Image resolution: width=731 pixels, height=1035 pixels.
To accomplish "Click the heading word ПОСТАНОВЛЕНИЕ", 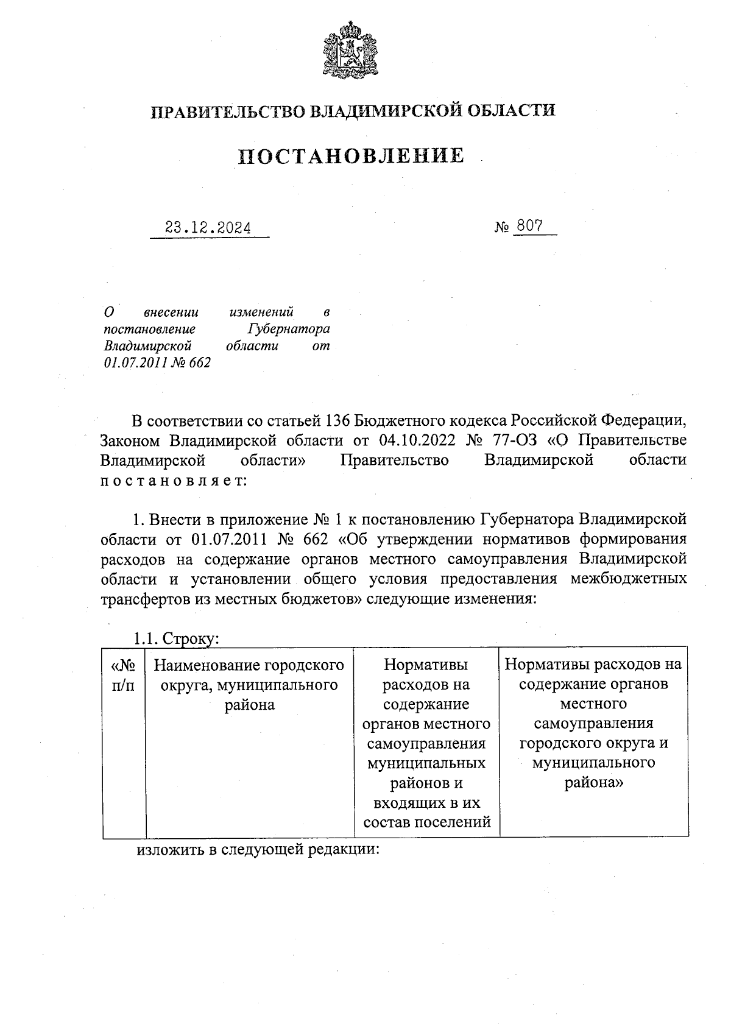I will coord(351,157).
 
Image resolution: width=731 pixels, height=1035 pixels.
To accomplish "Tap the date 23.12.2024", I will coord(208,228).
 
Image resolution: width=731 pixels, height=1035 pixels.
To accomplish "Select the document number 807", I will coord(528,226).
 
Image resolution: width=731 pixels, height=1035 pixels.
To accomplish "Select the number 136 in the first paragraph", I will coord(337,421).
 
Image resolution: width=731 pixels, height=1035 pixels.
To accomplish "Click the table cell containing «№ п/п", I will coord(124,674).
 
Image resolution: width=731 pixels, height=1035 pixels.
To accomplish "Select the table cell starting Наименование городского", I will coord(250,684).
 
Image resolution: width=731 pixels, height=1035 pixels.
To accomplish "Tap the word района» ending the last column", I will coord(593,783).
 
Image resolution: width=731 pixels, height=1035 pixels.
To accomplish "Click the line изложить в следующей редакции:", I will coord(258,849).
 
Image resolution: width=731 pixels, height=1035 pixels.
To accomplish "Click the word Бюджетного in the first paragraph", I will coord(391,421).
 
